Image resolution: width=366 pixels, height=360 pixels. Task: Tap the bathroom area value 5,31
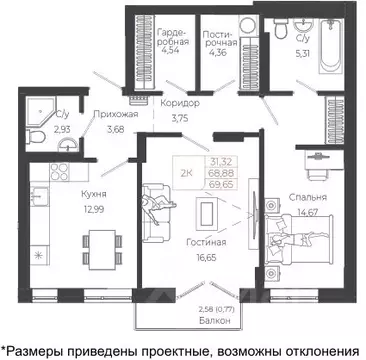[x=303, y=52]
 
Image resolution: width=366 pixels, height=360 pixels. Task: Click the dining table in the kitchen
[x=97, y=243]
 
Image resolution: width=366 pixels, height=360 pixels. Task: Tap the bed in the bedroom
[x=300, y=243]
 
